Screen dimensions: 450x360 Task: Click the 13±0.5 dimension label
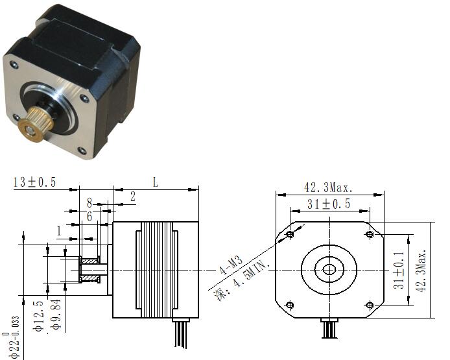tap(34, 182)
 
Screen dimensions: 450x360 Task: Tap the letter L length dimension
tap(155, 182)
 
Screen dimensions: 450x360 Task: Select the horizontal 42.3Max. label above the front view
tap(328, 187)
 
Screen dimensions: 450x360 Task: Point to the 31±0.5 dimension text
tap(329, 204)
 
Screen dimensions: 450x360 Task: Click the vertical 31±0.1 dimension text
tap(399, 270)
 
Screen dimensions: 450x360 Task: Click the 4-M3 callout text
tap(231, 265)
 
